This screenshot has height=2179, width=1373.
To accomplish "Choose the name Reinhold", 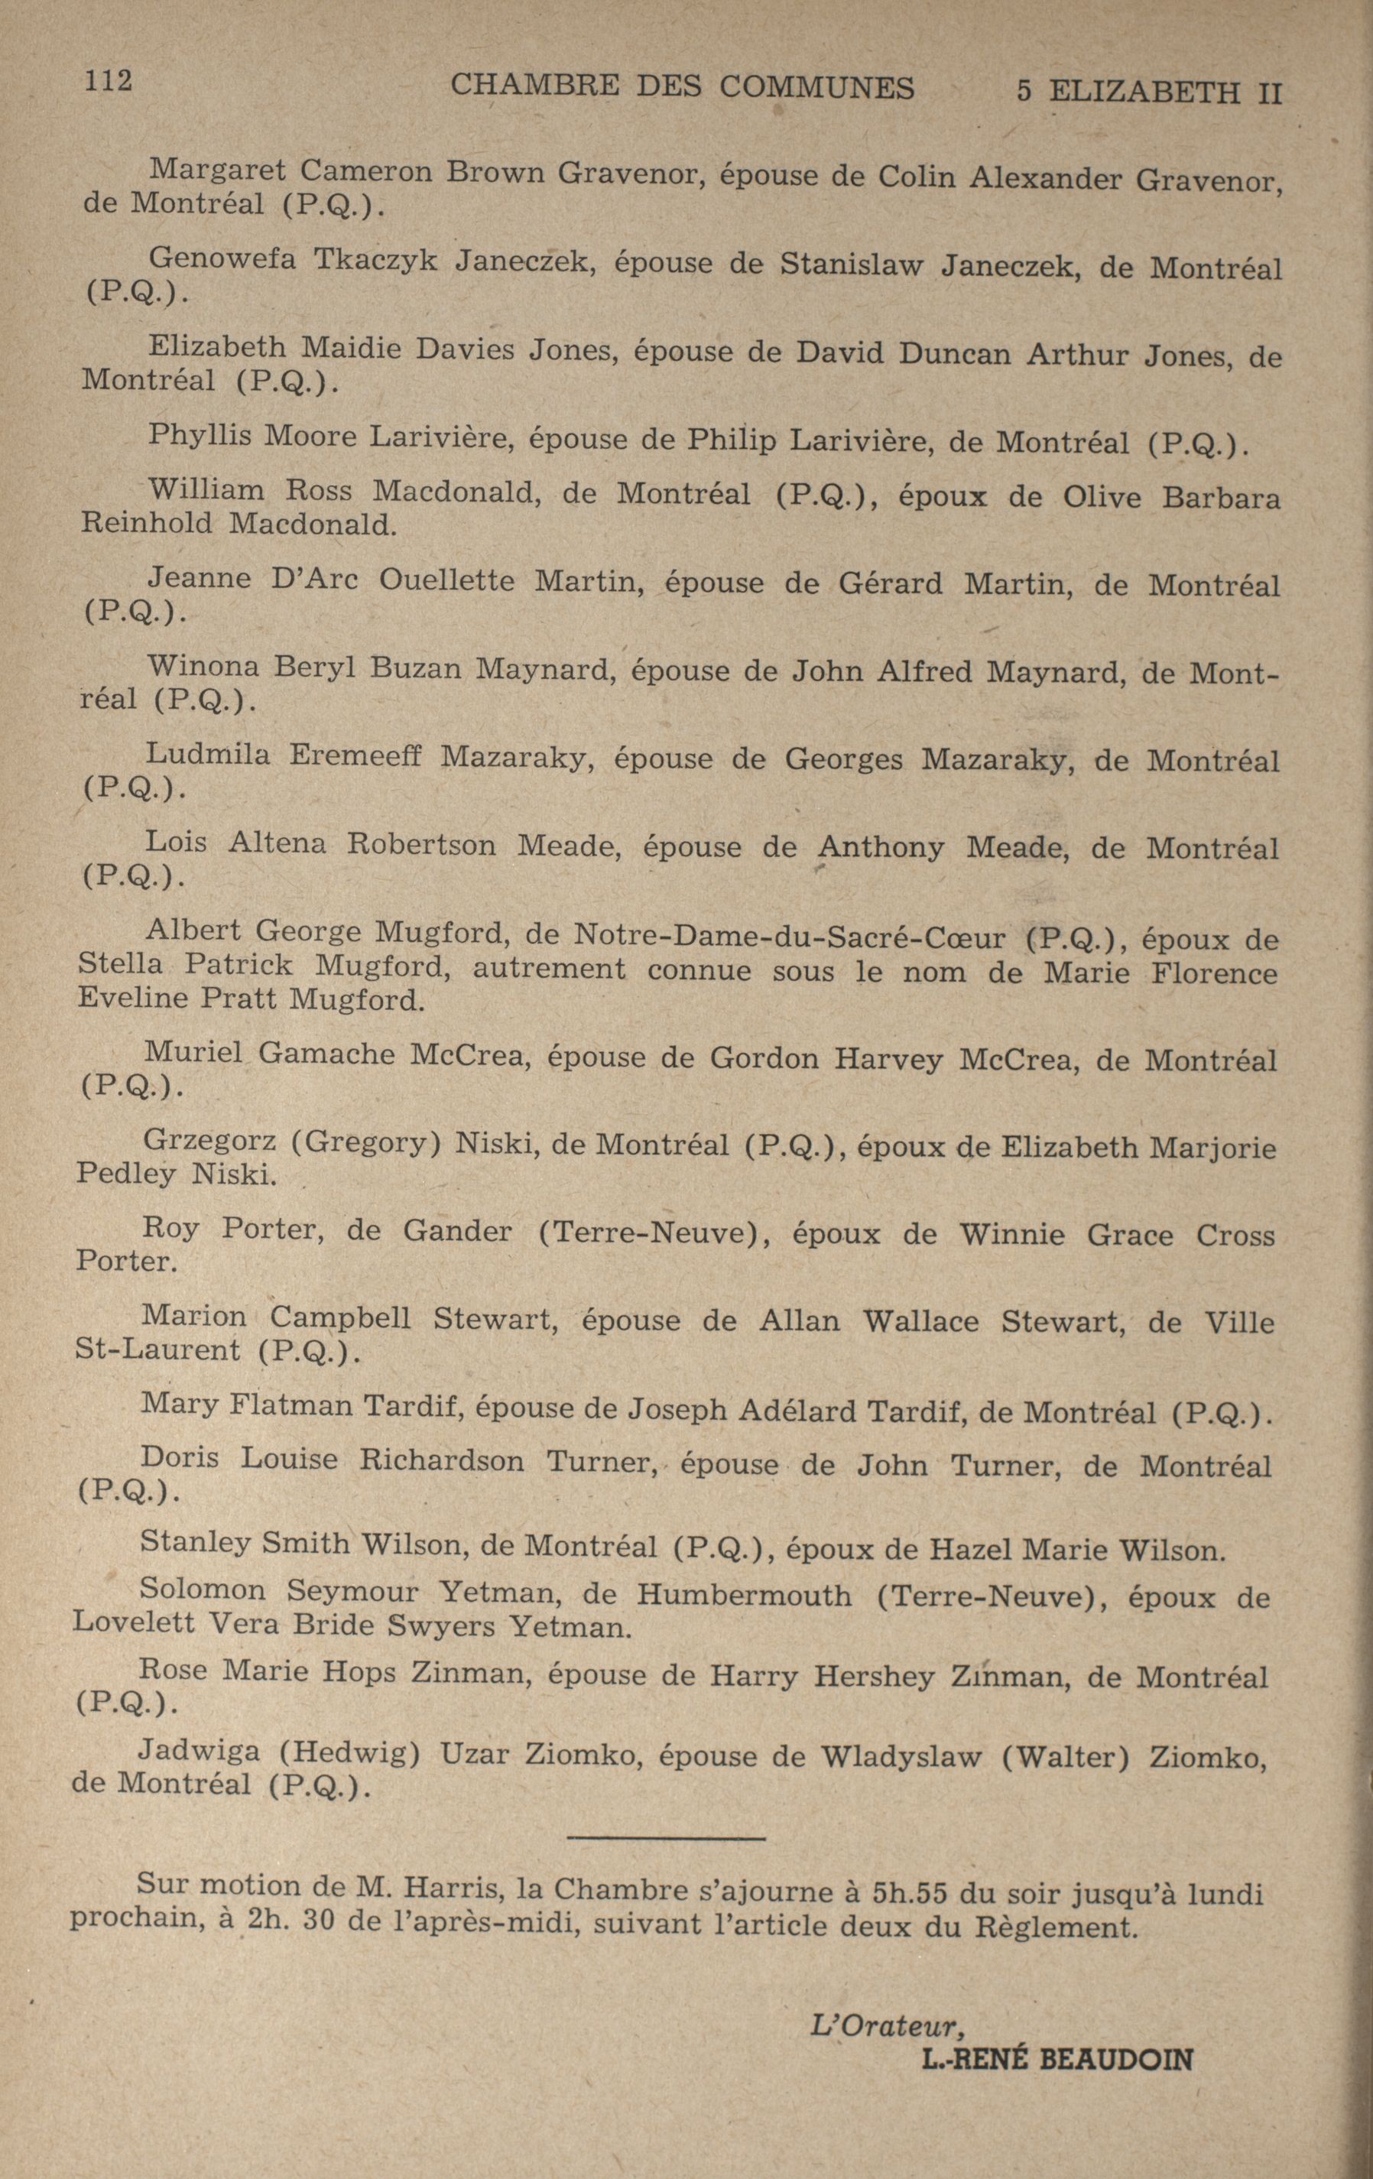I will pos(146,523).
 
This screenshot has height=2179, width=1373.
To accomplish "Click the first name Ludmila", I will pos(208,754).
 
